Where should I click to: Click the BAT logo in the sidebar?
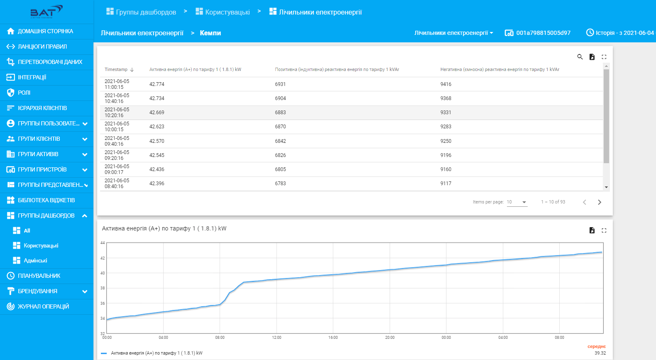click(46, 12)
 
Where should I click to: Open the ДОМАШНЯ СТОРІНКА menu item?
click(45, 31)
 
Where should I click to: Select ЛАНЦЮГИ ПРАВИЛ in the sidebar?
click(42, 47)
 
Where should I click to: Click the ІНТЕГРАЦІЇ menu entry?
click(32, 77)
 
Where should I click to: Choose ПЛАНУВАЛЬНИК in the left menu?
click(39, 276)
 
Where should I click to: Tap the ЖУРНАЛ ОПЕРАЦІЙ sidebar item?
click(43, 306)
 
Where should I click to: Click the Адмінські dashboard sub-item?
click(35, 260)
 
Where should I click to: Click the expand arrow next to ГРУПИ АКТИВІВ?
click(85, 154)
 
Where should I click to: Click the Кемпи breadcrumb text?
click(210, 33)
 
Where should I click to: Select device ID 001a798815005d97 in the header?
click(543, 33)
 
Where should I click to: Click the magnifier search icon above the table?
click(580, 57)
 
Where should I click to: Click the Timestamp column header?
click(116, 69)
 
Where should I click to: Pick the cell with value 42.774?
click(157, 84)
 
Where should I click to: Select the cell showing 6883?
click(280, 113)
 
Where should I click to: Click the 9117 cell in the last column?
click(445, 184)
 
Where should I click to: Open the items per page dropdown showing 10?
click(517, 202)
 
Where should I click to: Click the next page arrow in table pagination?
click(599, 202)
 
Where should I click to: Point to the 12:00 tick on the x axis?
click(277, 338)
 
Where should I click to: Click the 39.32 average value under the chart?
click(600, 353)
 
